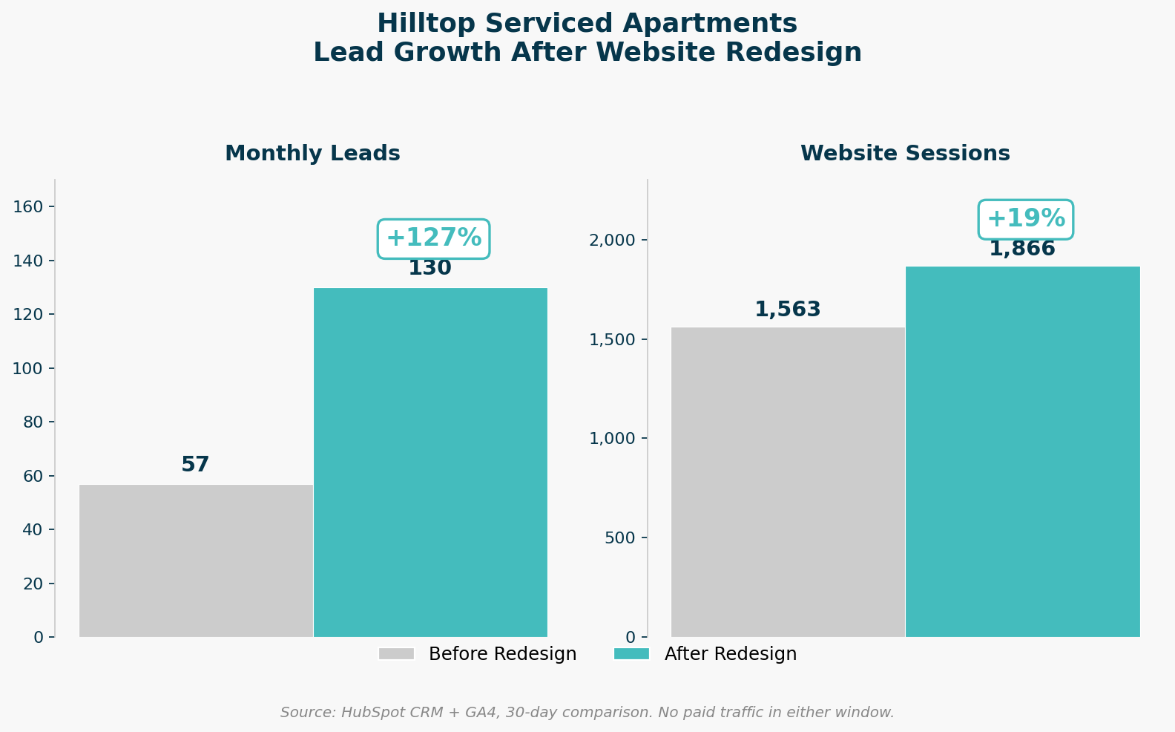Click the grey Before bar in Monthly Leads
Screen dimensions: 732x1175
pos(196,561)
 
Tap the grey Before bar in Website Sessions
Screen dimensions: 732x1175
pos(788,482)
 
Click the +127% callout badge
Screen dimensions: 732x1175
pos(433,238)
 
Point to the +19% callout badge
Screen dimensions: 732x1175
pos(1025,219)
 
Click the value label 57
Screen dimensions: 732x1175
pos(195,465)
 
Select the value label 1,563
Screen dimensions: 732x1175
pos(787,310)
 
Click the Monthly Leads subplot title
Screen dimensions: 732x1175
pos(312,154)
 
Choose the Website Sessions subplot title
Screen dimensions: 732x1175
pos(904,154)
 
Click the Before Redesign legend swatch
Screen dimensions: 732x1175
pos(396,654)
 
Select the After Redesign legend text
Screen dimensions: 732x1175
pos(730,654)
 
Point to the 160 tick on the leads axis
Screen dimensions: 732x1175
pos(28,206)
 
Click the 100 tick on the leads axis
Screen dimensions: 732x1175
pos(28,368)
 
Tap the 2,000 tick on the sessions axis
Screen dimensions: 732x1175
pos(612,240)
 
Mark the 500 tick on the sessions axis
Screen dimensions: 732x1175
pos(619,537)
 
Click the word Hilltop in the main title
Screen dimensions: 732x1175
pos(420,24)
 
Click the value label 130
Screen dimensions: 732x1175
pos(429,269)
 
